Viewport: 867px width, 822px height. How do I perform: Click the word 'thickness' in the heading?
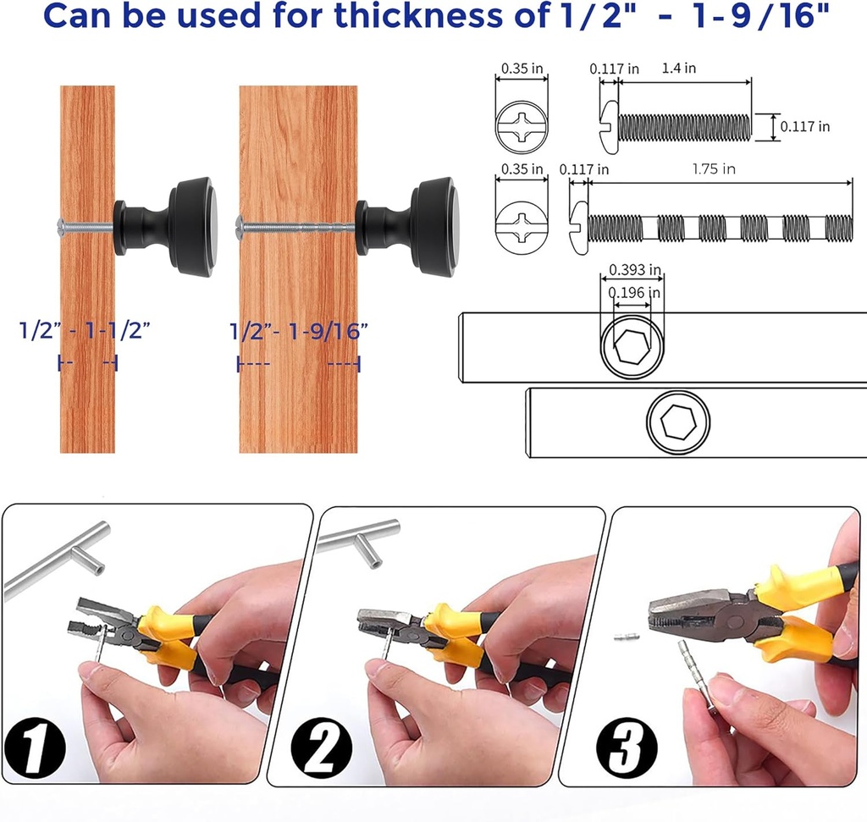tap(420, 15)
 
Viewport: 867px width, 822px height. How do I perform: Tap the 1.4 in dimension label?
tap(679, 68)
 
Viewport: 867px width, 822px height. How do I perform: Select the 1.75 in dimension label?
tap(714, 168)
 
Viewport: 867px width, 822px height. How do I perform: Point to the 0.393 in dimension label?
tap(635, 270)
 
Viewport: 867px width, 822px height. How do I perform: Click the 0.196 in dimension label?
tap(633, 292)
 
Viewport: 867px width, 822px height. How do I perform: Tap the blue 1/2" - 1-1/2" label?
tap(85, 330)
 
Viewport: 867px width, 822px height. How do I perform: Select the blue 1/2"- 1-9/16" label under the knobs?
tap(299, 331)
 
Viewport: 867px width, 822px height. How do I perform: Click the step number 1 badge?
tap(35, 748)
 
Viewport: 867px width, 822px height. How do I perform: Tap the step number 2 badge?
tap(321, 748)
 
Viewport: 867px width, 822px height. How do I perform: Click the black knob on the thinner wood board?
tap(165, 227)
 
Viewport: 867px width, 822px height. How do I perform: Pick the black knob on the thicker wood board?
tap(406, 227)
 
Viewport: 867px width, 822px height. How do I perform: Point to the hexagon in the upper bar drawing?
tap(632, 347)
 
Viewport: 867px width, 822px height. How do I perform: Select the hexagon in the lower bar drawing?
tap(678, 422)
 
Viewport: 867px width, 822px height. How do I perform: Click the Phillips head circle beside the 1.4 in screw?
tap(522, 127)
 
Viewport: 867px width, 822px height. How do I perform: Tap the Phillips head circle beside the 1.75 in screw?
tap(522, 228)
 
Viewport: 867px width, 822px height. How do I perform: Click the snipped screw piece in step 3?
tap(627, 637)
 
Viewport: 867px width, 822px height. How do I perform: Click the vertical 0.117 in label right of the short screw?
tap(805, 127)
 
